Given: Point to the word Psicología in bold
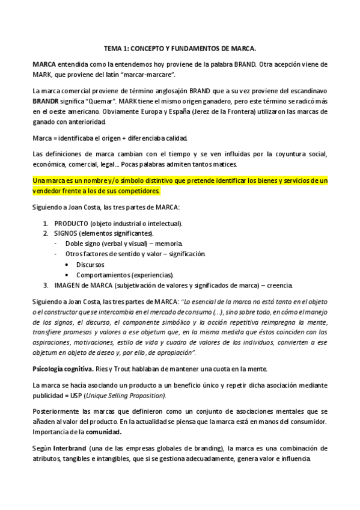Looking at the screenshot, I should (48, 367).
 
